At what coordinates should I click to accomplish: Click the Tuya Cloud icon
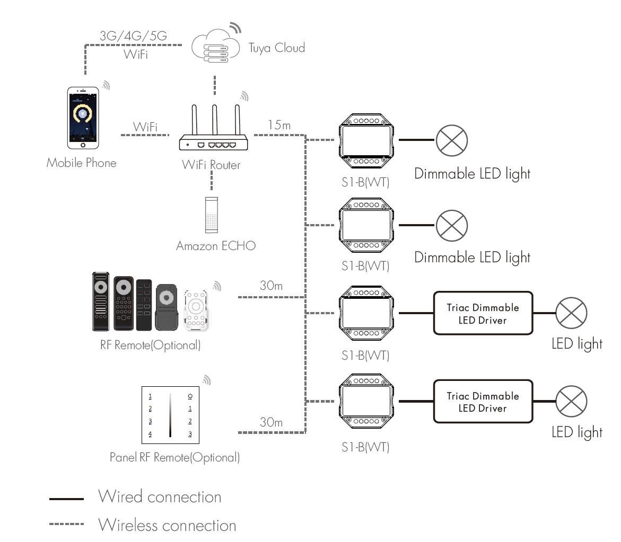215,47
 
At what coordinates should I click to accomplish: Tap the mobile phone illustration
83,118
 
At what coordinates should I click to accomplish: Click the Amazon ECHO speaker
212,215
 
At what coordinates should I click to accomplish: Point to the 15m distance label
279,125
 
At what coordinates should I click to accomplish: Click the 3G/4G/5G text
134,35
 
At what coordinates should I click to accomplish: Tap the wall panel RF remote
170,415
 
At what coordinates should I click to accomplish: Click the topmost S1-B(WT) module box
366,141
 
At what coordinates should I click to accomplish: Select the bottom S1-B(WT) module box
366,401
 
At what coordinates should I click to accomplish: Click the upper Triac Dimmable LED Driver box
483,313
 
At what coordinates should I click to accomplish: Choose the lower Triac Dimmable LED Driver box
483,402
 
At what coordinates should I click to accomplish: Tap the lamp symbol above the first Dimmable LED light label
452,140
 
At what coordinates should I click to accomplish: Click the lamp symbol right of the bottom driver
572,402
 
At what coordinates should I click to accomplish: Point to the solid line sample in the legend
66,499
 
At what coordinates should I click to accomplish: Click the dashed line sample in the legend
66,524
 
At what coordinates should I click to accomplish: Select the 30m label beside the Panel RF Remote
272,422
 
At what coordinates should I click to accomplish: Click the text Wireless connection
167,525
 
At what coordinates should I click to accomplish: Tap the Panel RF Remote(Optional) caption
174,457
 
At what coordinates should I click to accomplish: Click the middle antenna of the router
214,120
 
